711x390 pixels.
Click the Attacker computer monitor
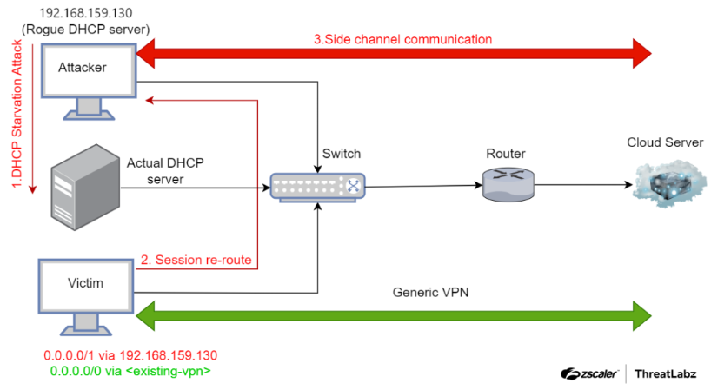(89, 82)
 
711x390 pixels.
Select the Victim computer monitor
(86, 297)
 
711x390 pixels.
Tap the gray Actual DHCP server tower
(85, 188)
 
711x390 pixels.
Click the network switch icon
(317, 187)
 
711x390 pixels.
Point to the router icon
(508, 184)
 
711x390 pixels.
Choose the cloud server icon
(669, 183)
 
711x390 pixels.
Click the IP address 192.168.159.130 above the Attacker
(86, 13)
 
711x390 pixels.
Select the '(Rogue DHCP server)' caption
(86, 30)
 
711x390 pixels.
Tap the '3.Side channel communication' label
(402, 39)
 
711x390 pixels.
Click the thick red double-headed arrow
(394, 54)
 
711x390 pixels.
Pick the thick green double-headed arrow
(394, 315)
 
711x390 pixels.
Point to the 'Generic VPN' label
(430, 292)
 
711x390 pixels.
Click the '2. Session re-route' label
(196, 260)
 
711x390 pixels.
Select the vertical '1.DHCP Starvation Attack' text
(17, 114)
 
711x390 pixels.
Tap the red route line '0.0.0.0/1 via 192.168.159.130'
(130, 355)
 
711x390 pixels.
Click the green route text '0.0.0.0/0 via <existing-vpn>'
(130, 372)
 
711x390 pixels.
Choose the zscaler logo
(589, 373)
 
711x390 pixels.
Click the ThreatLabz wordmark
(665, 373)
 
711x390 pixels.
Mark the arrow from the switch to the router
(423, 186)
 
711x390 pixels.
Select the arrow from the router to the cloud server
(583, 185)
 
